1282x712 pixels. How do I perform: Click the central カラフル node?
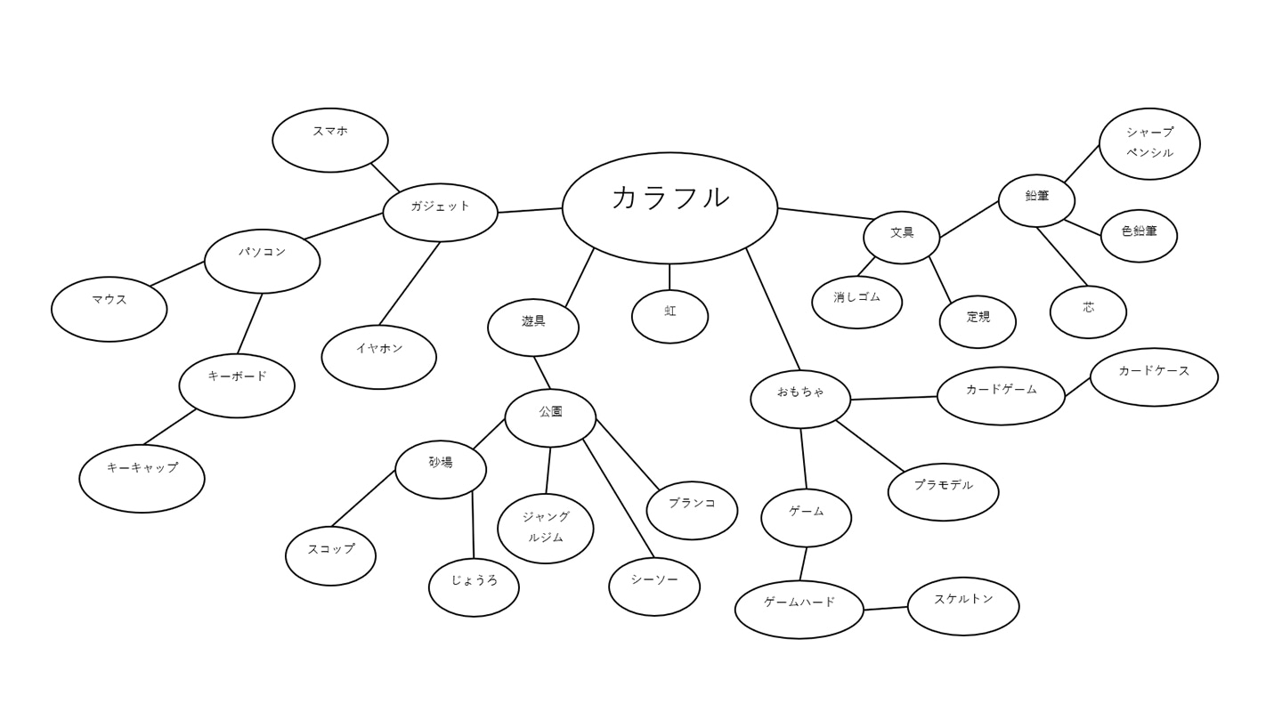click(x=669, y=207)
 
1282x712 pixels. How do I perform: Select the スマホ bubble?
click(x=330, y=141)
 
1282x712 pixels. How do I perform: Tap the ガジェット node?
click(x=440, y=213)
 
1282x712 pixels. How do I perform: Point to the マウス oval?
click(x=110, y=309)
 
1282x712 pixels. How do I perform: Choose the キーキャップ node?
click(x=142, y=478)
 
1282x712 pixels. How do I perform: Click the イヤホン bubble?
click(x=379, y=357)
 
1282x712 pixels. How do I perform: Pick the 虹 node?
click(x=669, y=317)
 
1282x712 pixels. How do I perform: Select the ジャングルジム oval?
click(x=546, y=529)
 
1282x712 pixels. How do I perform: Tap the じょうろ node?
click(x=474, y=587)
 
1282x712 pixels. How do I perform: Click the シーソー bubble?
click(x=654, y=587)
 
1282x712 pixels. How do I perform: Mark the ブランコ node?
click(x=692, y=511)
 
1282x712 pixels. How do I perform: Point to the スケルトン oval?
click(x=963, y=606)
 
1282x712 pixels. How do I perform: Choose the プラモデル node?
click(x=943, y=492)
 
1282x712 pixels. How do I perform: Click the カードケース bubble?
click(x=1154, y=377)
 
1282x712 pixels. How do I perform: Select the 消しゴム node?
click(x=856, y=303)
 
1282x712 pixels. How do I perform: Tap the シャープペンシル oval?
click(x=1149, y=144)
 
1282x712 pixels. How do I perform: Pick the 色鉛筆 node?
click(x=1139, y=236)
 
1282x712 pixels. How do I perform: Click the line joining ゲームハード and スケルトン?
click(x=886, y=609)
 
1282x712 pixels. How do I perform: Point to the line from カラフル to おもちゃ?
click(x=773, y=309)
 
